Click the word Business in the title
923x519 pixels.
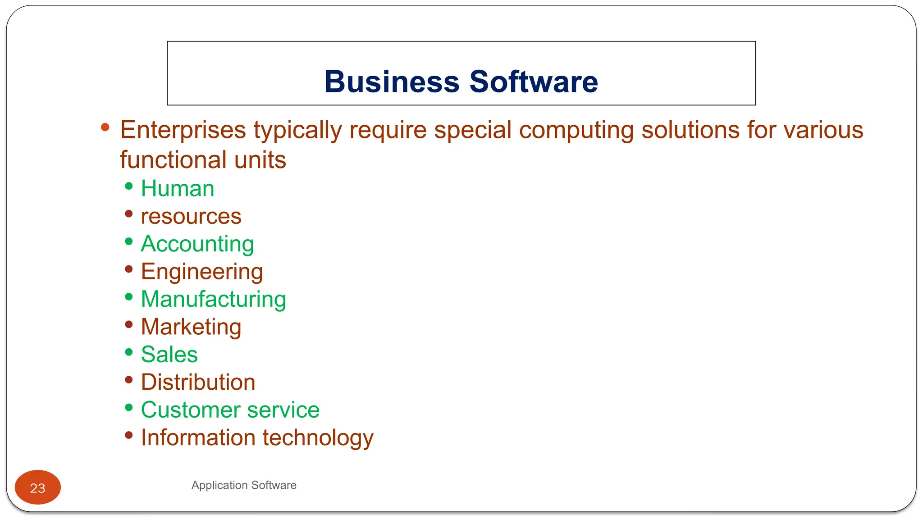(x=392, y=82)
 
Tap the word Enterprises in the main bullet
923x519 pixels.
(x=183, y=130)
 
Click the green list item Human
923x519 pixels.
(x=178, y=188)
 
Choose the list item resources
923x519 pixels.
(x=191, y=217)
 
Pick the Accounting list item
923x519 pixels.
(x=197, y=244)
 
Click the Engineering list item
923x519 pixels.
(x=202, y=272)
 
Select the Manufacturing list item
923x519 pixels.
(x=214, y=300)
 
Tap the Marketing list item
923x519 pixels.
(x=191, y=327)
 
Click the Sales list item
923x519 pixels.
(x=169, y=355)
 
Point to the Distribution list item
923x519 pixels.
(x=198, y=382)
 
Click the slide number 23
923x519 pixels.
(x=38, y=488)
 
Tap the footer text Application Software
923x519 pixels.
(x=244, y=485)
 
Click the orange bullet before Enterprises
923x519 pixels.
(x=105, y=127)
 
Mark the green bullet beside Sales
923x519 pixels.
(x=129, y=352)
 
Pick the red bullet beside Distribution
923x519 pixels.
(x=129, y=380)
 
